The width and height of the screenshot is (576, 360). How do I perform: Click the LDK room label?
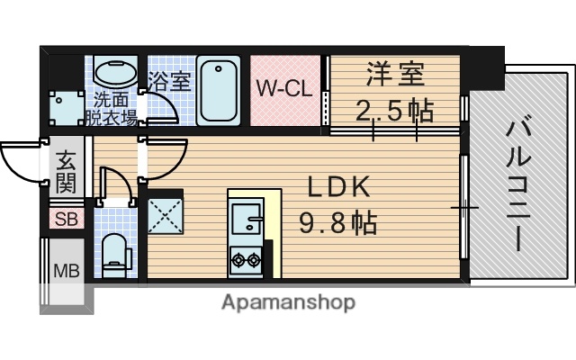[x=341, y=186]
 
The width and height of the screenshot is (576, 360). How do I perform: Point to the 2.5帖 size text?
[x=393, y=112]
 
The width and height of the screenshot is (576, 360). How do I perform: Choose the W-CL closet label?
[x=285, y=90]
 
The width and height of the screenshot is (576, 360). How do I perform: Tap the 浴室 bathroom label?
[x=170, y=80]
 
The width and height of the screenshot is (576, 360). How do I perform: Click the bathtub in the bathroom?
[x=216, y=92]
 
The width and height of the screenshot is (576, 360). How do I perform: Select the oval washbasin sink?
[x=112, y=72]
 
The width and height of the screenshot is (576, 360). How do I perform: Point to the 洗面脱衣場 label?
[x=111, y=107]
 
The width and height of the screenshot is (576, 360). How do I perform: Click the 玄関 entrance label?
[x=66, y=174]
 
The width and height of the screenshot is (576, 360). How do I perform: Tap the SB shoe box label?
[x=66, y=218]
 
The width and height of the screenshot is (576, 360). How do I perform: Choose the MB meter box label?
[x=66, y=270]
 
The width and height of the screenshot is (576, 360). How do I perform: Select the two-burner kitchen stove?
[x=245, y=262]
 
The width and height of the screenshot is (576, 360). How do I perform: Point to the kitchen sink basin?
[x=245, y=219]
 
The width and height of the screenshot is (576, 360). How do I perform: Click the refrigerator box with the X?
[x=165, y=215]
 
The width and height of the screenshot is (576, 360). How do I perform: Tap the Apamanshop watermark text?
[x=288, y=302]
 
